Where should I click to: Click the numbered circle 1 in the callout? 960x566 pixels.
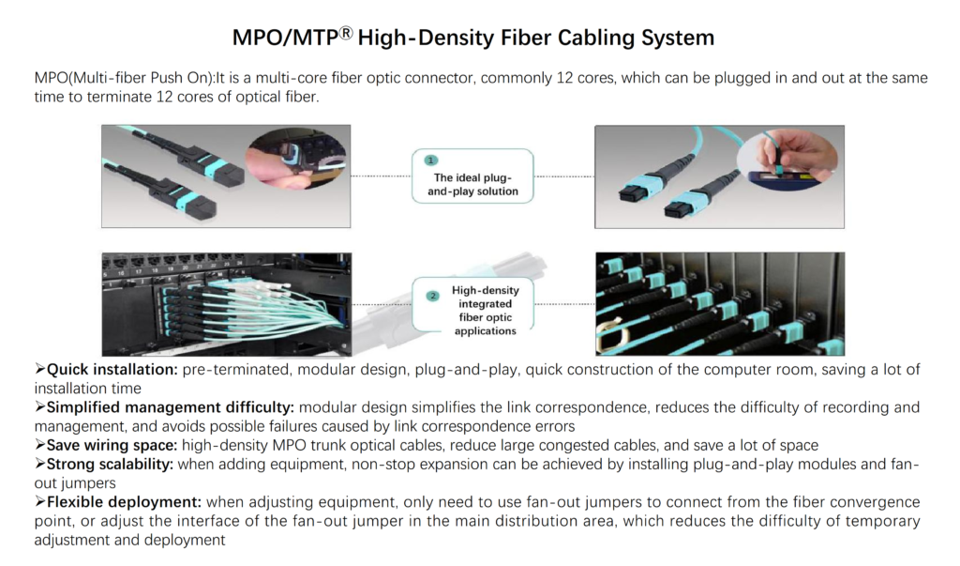point(431,161)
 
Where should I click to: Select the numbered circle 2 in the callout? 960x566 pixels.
point(432,297)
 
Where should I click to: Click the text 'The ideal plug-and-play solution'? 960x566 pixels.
point(475,184)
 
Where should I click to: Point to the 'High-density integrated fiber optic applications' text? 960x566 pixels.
point(485,311)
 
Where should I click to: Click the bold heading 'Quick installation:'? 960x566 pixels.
point(112,370)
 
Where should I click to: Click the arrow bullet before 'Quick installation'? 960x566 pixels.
point(39,370)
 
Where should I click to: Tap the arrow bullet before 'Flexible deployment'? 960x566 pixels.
point(39,502)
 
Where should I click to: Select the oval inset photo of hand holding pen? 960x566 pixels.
point(789,156)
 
